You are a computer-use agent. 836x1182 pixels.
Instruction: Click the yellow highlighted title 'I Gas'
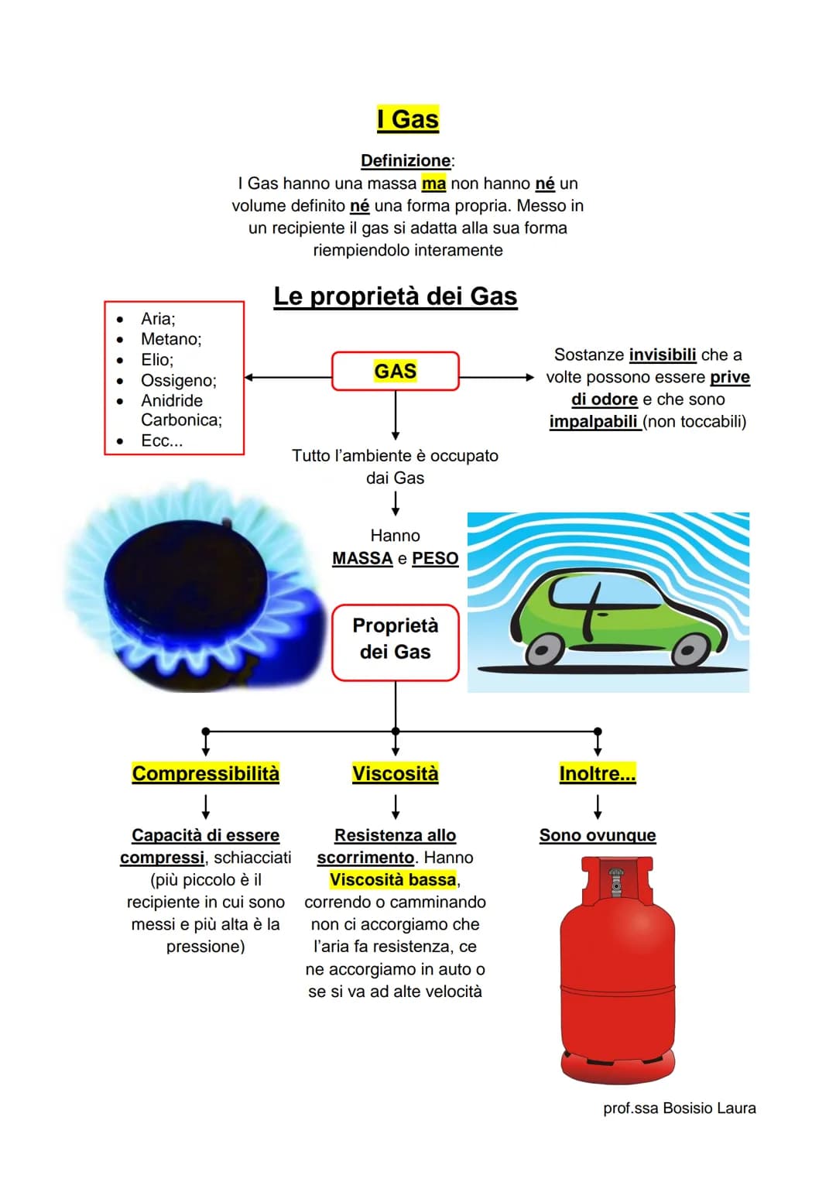[407, 118]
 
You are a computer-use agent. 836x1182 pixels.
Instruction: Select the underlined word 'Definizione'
[406, 160]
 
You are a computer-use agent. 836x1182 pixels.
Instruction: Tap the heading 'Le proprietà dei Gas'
[396, 296]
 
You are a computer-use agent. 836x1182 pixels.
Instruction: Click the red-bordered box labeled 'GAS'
[396, 371]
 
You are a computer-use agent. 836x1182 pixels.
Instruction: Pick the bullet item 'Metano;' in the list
[171, 339]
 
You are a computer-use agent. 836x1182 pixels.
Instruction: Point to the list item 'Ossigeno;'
[178, 381]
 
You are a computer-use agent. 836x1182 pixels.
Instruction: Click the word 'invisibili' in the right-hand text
[663, 355]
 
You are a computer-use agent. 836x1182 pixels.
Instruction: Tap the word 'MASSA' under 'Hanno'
[362, 558]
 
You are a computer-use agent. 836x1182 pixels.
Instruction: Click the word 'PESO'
[435, 558]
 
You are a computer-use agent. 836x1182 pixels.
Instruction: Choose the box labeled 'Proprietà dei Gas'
[396, 642]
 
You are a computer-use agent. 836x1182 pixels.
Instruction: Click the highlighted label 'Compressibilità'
[205, 773]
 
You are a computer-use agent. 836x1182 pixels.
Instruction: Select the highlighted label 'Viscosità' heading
[396, 773]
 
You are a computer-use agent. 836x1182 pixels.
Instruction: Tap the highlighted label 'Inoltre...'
[598, 773]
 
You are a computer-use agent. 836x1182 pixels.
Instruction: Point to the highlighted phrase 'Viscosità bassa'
[392, 879]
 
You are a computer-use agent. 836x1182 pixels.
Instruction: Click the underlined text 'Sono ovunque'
[598, 835]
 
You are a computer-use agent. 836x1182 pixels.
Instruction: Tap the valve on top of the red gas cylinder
[616, 880]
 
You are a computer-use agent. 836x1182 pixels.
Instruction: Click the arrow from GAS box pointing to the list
[288, 377]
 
